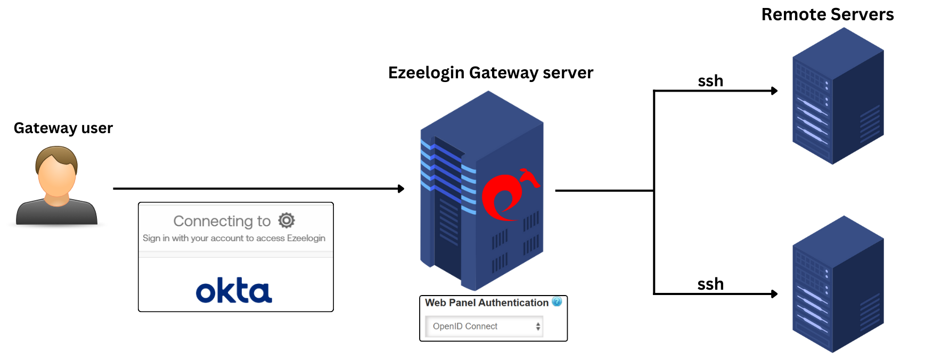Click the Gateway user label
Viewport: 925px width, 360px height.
point(63,128)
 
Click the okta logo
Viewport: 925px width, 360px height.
point(234,290)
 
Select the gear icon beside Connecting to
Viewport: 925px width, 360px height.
point(286,220)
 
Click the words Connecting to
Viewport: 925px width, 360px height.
point(222,221)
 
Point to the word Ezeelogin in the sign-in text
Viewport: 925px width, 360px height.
point(306,238)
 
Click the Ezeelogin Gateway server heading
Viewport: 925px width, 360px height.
point(490,72)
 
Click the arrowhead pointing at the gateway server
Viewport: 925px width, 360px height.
point(401,189)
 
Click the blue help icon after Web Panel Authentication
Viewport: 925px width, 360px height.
point(557,302)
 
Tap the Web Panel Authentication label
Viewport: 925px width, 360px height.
point(486,302)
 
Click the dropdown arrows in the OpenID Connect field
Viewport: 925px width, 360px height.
point(538,326)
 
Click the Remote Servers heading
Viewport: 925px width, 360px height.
point(827,14)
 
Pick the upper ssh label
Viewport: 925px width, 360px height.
point(710,81)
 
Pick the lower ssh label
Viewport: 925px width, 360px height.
point(710,284)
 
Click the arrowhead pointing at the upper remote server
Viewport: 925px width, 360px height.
point(774,91)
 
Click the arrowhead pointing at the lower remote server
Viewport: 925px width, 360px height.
point(774,294)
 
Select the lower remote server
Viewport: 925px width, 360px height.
point(838,285)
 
